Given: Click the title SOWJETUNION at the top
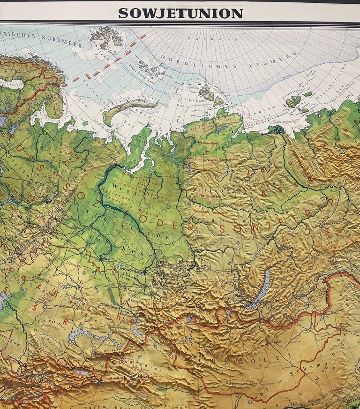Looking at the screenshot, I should (x=180, y=13).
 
